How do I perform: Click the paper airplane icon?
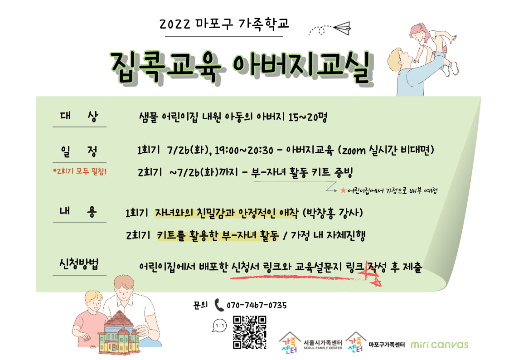[342, 28]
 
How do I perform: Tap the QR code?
[250, 332]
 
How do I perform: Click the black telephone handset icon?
[219, 305]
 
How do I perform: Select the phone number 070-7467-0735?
[257, 305]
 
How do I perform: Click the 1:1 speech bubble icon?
[220, 326]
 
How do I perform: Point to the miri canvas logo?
[440, 345]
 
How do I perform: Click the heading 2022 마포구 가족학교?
[224, 24]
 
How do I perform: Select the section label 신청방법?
[79, 263]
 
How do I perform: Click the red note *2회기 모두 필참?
[80, 171]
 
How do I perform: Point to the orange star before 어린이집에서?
[343, 190]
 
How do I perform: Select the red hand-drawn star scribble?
[372, 274]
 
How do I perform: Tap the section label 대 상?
[79, 116]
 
